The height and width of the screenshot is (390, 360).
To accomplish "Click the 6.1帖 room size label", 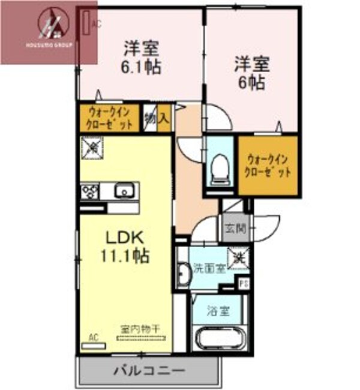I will point(142,67).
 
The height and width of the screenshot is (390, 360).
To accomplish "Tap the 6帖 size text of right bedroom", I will point(251,83).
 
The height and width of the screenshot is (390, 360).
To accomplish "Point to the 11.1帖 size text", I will point(125,256).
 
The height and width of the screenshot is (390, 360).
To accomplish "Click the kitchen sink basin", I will point(126,191).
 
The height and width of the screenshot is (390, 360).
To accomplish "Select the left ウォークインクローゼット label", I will point(109,118).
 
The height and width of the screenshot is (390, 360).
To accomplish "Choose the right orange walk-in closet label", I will point(269,166).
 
